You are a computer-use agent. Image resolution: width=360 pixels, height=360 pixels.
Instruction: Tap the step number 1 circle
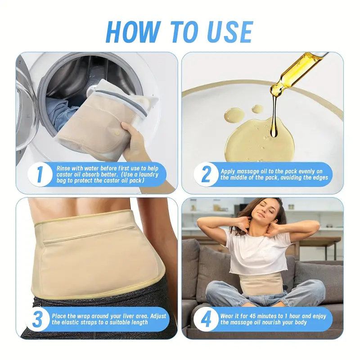40,175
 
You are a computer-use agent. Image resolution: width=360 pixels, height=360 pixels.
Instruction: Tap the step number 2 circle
206,175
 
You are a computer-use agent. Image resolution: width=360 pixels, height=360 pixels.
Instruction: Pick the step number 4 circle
206,320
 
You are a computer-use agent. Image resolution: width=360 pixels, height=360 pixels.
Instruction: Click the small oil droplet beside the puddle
257,109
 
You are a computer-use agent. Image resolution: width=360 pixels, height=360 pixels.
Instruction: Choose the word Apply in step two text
229,171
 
